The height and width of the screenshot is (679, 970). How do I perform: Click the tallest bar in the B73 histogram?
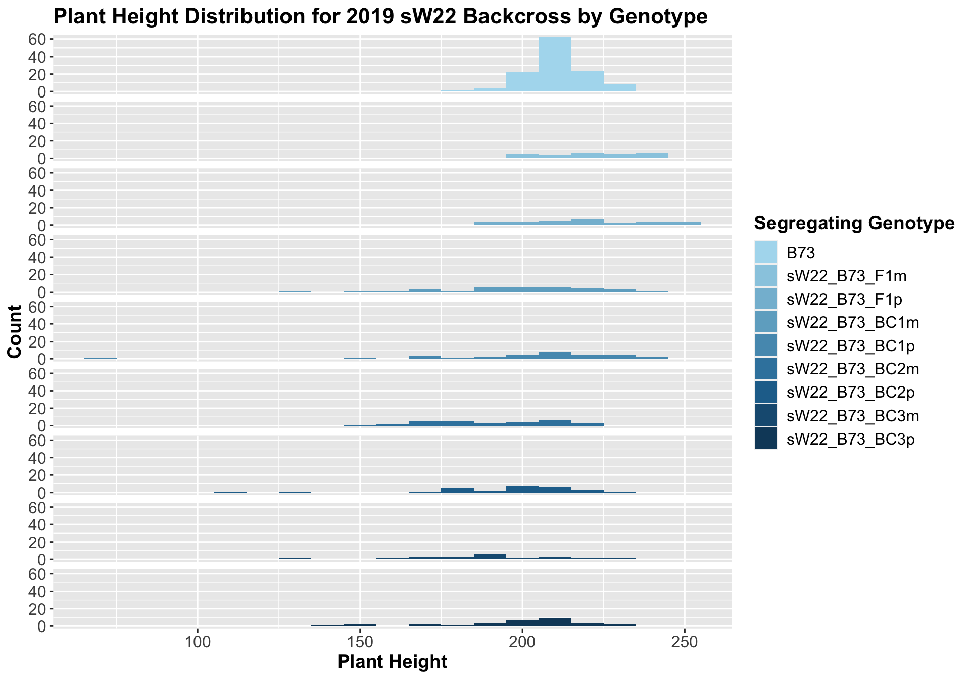(554, 64)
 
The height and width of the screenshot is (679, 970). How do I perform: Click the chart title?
(380, 17)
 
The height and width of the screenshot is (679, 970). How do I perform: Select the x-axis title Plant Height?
(392, 662)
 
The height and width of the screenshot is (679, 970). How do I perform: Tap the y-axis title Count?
(15, 332)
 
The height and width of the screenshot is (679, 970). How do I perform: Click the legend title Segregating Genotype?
(854, 223)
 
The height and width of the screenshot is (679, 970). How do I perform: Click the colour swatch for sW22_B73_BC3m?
(765, 416)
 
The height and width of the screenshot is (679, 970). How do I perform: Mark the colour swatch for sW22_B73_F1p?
(765, 299)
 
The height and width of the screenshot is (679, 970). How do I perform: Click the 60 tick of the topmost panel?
(40, 39)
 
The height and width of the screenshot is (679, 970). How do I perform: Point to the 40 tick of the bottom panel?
(40, 592)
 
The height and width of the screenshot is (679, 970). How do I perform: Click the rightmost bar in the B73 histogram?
(619, 88)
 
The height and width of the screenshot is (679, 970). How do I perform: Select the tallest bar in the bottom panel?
(554, 622)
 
